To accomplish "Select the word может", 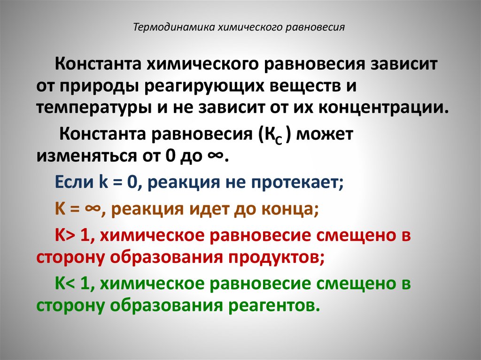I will tap(324, 135).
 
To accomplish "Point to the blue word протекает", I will tap(295, 182).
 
